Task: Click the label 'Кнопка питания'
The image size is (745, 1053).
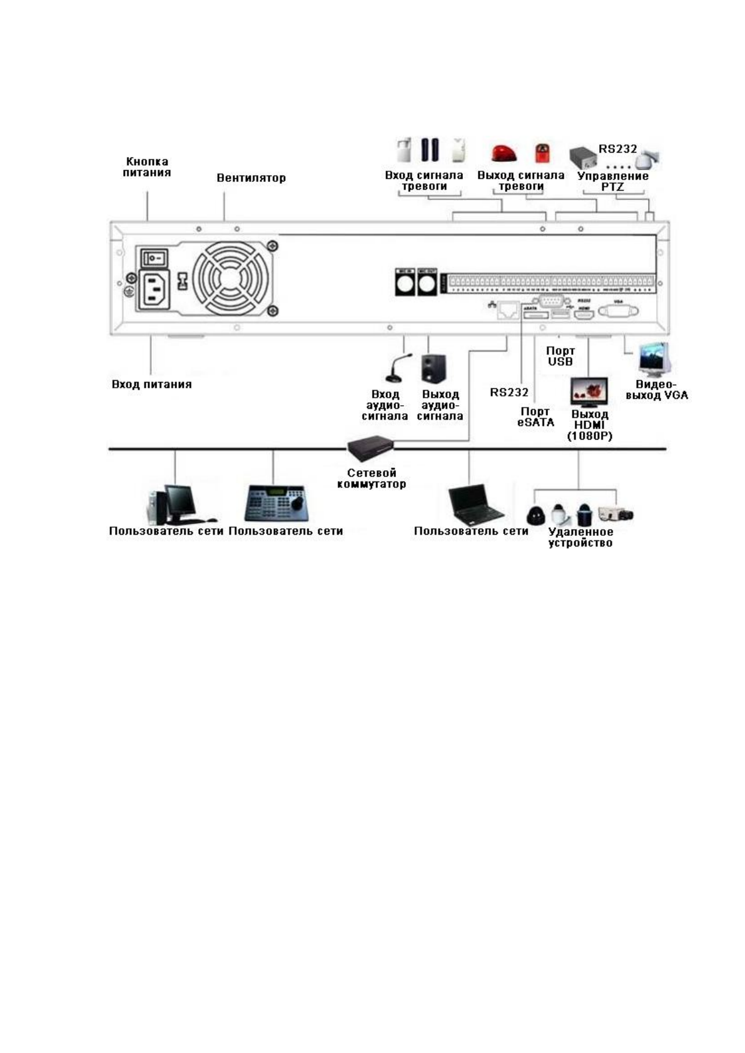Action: point(146,167)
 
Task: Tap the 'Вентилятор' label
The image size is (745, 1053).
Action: point(251,178)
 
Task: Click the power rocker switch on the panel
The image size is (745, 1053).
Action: point(153,257)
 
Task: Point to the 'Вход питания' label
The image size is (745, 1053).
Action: point(151,384)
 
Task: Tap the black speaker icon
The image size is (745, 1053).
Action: point(433,368)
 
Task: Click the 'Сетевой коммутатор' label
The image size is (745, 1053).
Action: point(372,478)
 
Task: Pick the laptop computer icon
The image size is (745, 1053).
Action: point(475,505)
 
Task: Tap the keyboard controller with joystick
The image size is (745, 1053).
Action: point(276,503)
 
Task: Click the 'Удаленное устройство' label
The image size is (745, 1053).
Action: point(580,537)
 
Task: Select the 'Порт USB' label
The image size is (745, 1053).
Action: point(560,356)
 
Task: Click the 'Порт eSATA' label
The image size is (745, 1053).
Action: point(535,416)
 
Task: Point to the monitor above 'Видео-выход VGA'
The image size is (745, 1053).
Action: point(653,359)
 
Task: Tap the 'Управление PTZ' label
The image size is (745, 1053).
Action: point(612,181)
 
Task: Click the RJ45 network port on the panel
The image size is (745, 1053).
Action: point(508,311)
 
